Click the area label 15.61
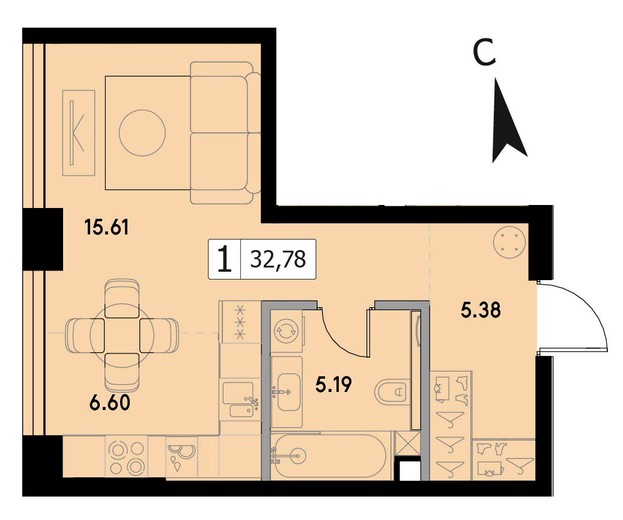106,228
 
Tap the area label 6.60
110,403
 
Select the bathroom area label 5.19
334,385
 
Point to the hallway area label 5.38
481,310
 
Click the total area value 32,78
278,260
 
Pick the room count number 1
225,259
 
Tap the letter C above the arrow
485,52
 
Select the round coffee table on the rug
142,132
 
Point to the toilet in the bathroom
392,391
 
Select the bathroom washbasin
288,392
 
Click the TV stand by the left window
79,132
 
